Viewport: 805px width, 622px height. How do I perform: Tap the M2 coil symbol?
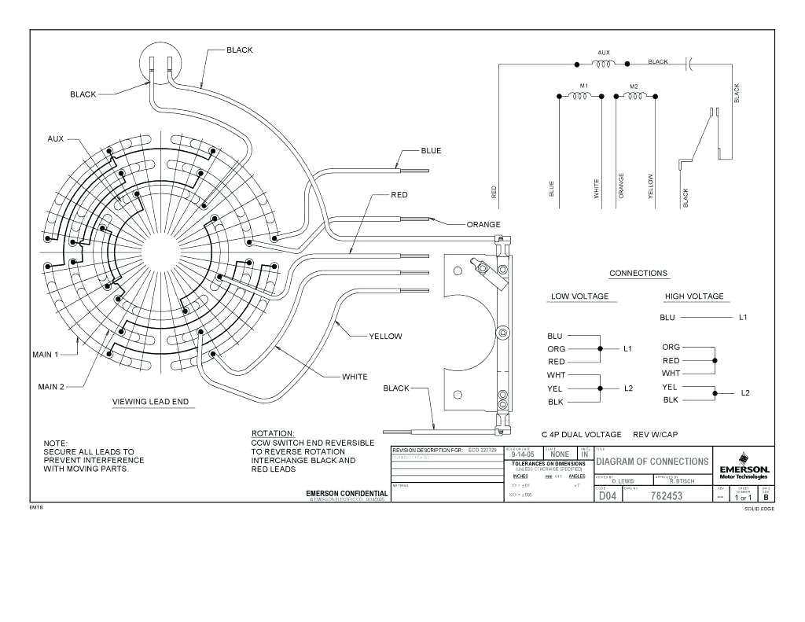coord(634,95)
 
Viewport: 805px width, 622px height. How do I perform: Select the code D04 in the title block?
coord(608,496)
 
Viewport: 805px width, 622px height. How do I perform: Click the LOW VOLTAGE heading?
coord(579,296)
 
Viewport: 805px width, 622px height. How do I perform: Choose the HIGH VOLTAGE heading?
coord(694,296)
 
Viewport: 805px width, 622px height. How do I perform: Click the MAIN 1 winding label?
coord(46,355)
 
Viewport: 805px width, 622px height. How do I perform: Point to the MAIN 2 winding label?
coord(51,386)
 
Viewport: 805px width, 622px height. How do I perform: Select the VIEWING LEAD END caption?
coord(150,402)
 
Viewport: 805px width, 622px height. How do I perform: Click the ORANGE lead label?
coord(483,224)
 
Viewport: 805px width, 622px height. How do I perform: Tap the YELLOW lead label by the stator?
coord(385,337)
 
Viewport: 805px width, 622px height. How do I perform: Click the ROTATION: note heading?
coord(273,433)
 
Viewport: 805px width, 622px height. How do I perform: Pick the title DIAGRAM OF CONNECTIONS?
coord(652,462)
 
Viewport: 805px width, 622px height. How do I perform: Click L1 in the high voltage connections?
coord(743,318)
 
